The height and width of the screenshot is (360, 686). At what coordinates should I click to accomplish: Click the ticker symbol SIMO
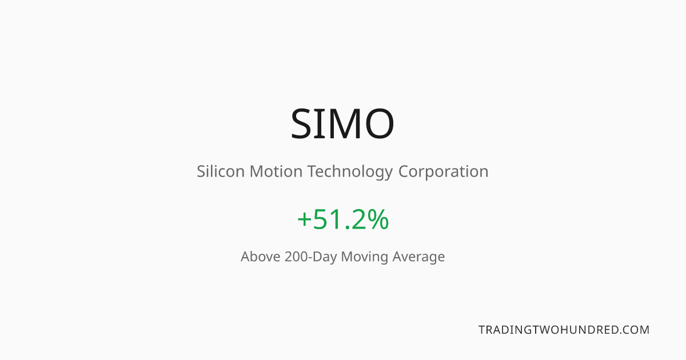342,123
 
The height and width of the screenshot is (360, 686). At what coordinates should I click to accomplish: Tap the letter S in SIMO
301,123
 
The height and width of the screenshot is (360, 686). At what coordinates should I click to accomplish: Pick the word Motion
276,171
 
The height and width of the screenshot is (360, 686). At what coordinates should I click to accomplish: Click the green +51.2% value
343,219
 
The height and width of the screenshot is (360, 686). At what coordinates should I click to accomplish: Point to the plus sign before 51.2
304,219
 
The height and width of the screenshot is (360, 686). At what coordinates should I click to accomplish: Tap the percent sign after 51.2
378,219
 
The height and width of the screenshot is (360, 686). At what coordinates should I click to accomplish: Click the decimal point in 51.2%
348,227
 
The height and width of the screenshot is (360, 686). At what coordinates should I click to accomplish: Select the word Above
260,257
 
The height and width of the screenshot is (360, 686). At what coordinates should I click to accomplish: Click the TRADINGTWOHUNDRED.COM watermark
564,330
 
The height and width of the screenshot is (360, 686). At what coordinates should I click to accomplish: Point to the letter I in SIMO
320,123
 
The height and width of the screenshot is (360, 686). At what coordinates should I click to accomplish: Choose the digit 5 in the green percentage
321,219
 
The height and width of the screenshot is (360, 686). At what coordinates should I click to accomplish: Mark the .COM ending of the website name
633,330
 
